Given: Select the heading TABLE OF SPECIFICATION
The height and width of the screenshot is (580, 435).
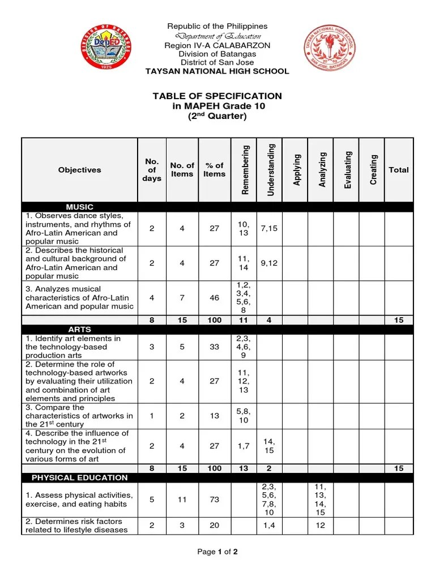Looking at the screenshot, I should [217, 96].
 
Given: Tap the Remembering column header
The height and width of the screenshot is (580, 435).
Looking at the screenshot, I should [244, 170].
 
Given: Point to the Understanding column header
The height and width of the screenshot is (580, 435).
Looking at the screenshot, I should [270, 170].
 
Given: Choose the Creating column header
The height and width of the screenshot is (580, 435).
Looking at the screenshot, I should [373, 170].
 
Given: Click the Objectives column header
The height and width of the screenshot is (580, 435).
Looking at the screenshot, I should [79, 170].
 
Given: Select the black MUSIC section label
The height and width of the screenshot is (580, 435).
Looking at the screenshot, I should [80, 207].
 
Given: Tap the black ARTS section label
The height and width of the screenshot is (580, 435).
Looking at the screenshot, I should [79, 329].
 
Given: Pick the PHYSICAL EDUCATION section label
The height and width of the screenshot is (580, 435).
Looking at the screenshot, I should [79, 477].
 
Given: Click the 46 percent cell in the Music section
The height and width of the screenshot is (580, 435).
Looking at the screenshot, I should [214, 297].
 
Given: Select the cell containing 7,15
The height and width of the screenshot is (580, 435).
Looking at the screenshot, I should [269, 228].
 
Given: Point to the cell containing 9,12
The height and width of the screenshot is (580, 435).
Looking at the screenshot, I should [269, 263].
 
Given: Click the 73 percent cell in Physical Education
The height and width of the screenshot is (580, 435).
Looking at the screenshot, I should [214, 500].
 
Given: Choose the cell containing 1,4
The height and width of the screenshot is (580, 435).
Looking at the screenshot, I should [269, 526].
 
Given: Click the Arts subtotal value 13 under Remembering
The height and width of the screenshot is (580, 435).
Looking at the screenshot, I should [244, 469].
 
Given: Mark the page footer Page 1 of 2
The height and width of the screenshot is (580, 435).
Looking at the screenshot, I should [217, 553].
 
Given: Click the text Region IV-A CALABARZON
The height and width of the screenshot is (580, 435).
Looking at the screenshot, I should [217, 45].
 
